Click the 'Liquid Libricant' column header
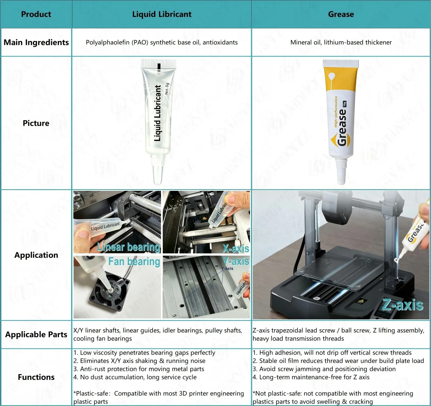[162, 14]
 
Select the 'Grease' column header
[341, 14]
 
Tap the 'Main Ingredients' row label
[36, 43]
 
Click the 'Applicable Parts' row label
[36, 334]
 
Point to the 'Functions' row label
[36, 377]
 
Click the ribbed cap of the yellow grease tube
[341, 63]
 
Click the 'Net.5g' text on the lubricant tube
[167, 89]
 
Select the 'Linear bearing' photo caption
[129, 247]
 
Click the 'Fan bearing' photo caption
[134, 261]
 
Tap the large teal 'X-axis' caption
[236, 248]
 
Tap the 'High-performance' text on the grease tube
[336, 111]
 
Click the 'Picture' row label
[36, 123]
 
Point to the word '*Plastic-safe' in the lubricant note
[91, 394]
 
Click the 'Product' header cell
[36, 14]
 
